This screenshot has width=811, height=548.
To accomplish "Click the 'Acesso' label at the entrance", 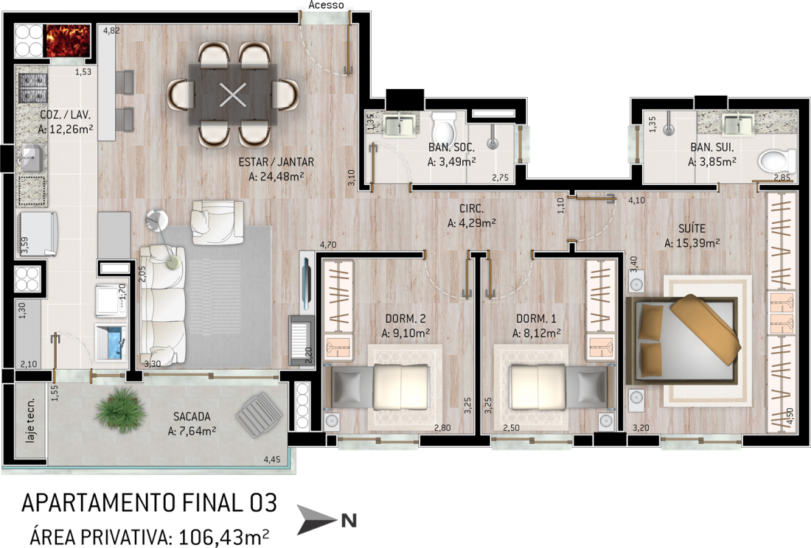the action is pos(327,5).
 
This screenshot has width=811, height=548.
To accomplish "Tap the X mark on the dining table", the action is pos(233,95).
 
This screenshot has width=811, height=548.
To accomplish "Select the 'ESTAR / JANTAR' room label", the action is pos(276,162).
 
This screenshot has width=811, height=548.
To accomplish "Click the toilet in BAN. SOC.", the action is pos(443,129).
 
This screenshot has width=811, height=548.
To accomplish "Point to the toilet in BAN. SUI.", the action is pos(777,161).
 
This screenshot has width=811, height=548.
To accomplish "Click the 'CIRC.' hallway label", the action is pos(472,209).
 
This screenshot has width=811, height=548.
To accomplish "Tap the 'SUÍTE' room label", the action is pos(692,228).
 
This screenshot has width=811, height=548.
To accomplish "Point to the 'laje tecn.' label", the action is pos(31,421).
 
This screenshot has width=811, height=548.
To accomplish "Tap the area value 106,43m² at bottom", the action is pos(223,537).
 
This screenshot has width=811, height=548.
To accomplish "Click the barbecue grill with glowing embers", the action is pos(69,41).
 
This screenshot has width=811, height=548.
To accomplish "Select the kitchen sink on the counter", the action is pos(32,158).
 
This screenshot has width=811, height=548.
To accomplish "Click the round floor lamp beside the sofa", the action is pos(157,221).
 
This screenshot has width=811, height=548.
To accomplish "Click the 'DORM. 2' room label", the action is pos(405,319).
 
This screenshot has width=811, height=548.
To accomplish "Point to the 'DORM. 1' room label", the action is pos(536,319).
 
